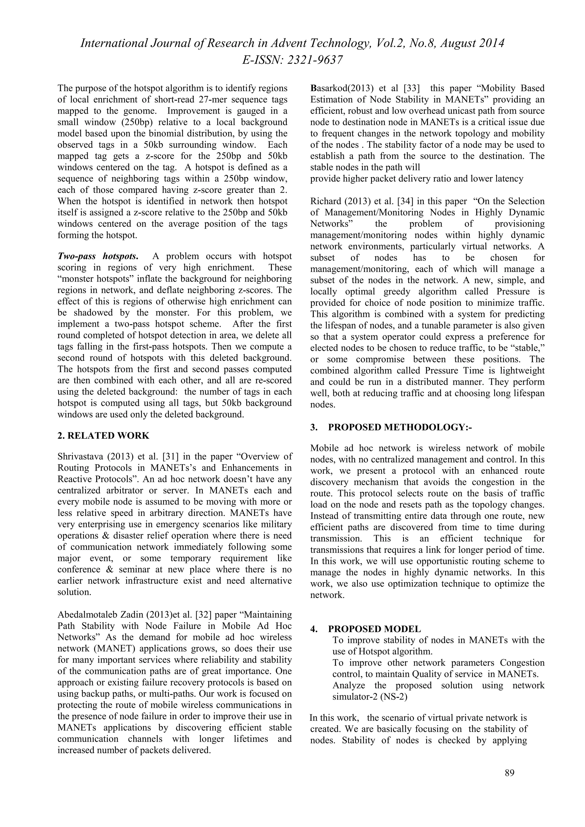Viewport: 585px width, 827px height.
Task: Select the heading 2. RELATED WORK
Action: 103,435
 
